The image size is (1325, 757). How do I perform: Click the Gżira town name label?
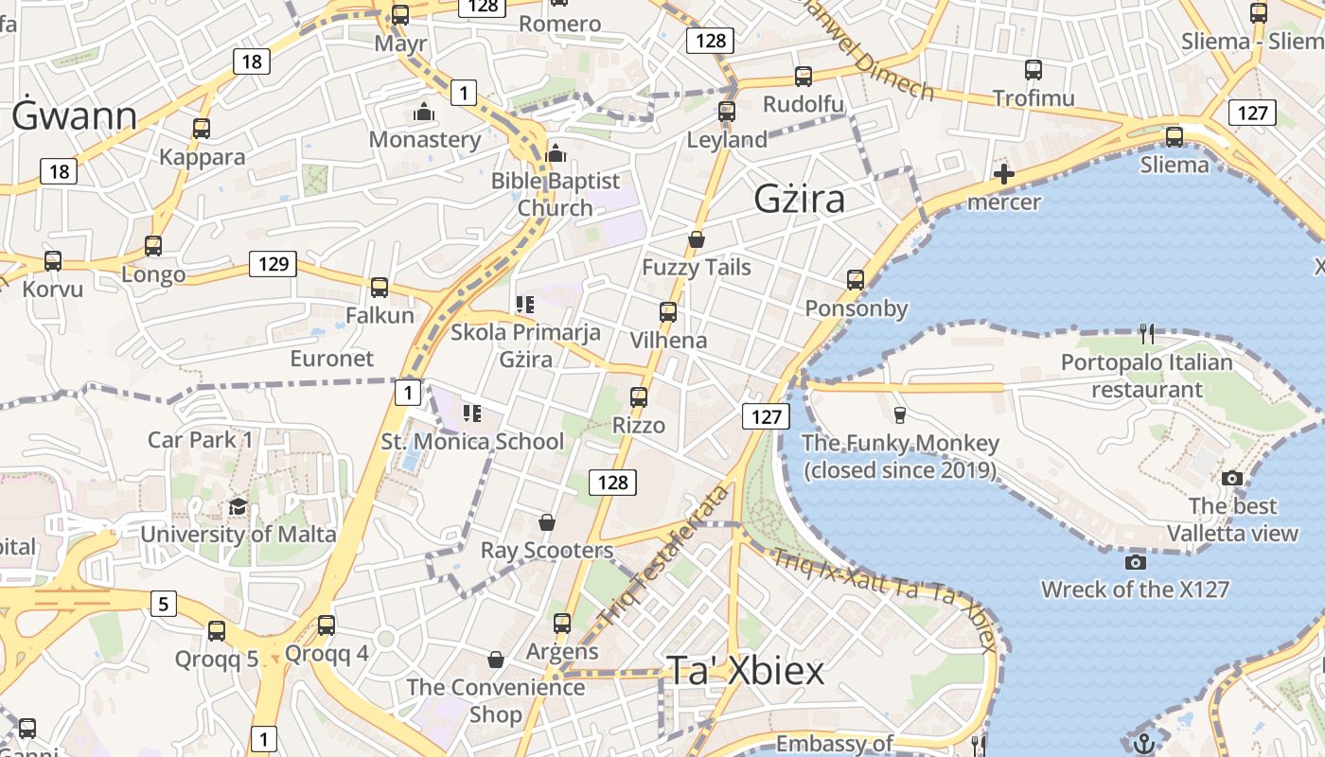pyautogui.click(x=799, y=200)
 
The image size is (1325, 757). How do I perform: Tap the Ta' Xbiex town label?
pyautogui.click(x=746, y=670)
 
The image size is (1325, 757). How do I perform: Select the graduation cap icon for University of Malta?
pyautogui.click(x=238, y=507)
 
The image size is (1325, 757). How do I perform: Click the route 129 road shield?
pyautogui.click(x=273, y=264)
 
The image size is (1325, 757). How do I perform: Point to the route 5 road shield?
pyautogui.click(x=164, y=603)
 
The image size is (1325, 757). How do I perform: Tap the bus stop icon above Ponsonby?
pyautogui.click(x=856, y=280)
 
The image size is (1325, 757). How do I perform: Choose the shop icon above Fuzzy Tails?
pyautogui.click(x=697, y=239)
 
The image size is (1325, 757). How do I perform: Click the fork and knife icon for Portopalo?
pyautogui.click(x=1147, y=333)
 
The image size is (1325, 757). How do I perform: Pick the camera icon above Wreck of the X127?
pyautogui.click(x=1135, y=562)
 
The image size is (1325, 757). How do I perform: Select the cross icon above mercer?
pyautogui.click(x=1004, y=174)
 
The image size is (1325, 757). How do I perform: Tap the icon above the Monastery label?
pyautogui.click(x=424, y=112)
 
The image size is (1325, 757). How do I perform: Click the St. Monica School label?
pyautogui.click(x=472, y=442)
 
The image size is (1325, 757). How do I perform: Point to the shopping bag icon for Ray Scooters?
pyautogui.click(x=547, y=522)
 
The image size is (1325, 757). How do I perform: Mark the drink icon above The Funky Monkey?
pyautogui.click(x=900, y=414)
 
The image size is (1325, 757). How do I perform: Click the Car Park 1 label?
pyautogui.click(x=201, y=439)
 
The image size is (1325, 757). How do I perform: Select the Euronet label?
pyautogui.click(x=331, y=359)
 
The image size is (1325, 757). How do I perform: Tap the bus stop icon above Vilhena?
pyautogui.click(x=668, y=312)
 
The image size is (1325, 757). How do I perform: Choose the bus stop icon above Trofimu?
pyautogui.click(x=1033, y=70)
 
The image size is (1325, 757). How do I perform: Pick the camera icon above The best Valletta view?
pyautogui.click(x=1232, y=478)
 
